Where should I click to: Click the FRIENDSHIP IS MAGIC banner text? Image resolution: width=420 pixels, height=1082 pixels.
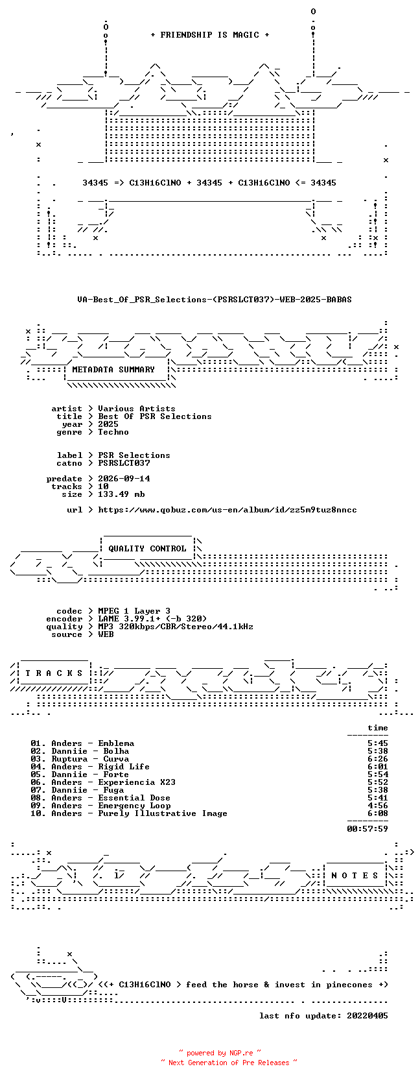pos(210,35)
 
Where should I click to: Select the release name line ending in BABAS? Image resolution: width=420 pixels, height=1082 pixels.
pos(215,300)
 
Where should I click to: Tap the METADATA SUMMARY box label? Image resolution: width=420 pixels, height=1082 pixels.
pos(113,370)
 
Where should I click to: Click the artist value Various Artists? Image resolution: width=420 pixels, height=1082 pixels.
pos(137,409)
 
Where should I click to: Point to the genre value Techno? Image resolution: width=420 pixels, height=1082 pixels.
pos(113,432)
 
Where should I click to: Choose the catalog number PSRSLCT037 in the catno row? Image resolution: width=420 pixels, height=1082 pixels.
pos(124,463)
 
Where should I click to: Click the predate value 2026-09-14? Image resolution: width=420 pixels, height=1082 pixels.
pos(124,478)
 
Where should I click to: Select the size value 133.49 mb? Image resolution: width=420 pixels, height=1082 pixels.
pos(121,494)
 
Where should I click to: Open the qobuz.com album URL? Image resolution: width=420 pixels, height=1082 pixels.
pos(227,510)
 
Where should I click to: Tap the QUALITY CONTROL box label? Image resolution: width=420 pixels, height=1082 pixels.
pos(147,549)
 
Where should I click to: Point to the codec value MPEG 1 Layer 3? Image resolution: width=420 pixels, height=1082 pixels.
pos(134,611)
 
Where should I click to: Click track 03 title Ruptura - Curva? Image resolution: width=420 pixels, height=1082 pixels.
pos(90,759)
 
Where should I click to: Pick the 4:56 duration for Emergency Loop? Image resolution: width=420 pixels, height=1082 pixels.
pos(377,806)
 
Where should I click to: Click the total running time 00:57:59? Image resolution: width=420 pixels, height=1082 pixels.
pos(367,829)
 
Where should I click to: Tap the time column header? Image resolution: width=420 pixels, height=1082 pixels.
pos(377,728)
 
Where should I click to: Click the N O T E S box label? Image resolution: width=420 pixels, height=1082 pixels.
pos(355,876)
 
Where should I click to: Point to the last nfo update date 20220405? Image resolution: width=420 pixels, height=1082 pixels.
pos(367,1016)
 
